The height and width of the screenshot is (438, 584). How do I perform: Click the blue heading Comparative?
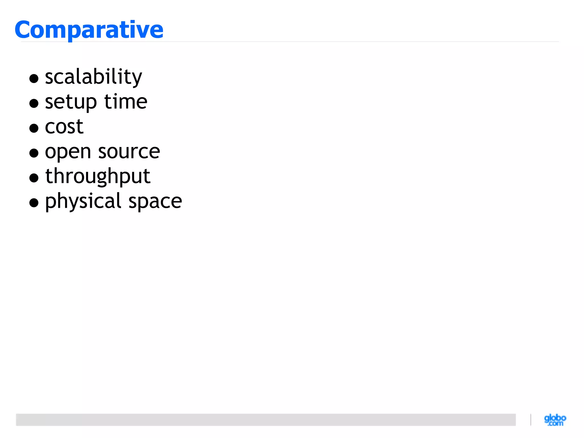89,30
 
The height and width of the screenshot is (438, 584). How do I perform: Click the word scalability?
94,77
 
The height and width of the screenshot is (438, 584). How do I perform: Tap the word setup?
71,102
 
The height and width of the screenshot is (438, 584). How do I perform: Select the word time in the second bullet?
126,102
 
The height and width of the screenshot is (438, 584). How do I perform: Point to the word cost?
64,127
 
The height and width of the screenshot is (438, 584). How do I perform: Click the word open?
68,152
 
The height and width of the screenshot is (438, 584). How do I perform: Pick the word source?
129,151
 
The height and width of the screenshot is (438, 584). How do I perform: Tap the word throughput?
98,177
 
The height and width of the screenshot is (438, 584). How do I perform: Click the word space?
155,201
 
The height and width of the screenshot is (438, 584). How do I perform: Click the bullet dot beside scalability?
34,78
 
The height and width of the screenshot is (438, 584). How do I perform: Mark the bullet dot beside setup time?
34,103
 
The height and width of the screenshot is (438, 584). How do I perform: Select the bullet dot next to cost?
34,128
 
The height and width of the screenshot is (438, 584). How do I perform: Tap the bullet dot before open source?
34,153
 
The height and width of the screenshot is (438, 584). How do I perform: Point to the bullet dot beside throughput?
34,178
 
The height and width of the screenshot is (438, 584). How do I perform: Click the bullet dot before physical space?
34,203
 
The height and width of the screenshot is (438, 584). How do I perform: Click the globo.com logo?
555,420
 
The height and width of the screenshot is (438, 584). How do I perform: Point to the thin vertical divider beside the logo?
531,420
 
